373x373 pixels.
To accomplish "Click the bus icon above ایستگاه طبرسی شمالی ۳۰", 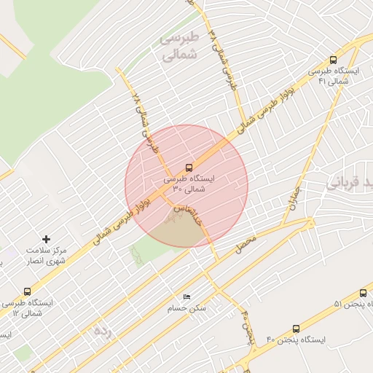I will tap(189, 168).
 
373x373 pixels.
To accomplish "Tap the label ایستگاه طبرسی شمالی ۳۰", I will tap(189, 184).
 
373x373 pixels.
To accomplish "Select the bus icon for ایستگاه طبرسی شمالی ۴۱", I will tap(333, 60).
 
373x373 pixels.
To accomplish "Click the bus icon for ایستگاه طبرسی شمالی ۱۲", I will tap(27, 291).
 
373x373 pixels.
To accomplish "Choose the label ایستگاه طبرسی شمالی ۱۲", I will tap(27, 307).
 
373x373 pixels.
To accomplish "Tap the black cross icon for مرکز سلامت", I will tap(47, 239).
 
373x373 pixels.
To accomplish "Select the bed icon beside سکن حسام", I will tap(187, 297).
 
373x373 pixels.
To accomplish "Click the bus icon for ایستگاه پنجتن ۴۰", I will tap(295, 329).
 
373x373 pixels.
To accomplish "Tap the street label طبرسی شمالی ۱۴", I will tap(223, 58).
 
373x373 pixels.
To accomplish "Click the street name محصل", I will tap(246, 244).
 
